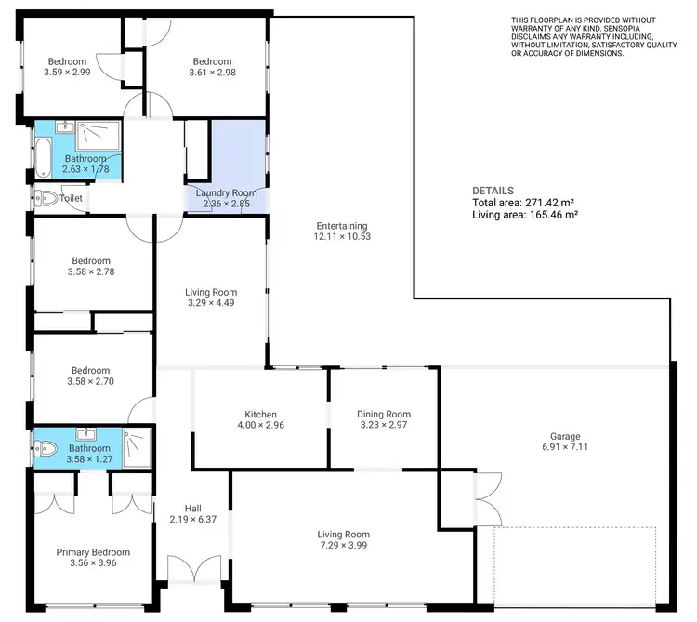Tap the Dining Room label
tap(384, 419)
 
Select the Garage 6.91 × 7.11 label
tap(565, 442)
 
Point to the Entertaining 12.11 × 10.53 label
tap(342, 232)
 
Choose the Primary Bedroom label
tap(93, 558)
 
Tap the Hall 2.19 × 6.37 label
tap(193, 514)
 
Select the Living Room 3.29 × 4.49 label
tap(212, 298)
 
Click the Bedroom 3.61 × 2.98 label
tap(211, 67)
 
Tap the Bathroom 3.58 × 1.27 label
tap(88, 453)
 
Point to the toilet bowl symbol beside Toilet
tap(46, 198)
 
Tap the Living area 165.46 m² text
tap(525, 215)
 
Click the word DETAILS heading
tap(493, 191)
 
